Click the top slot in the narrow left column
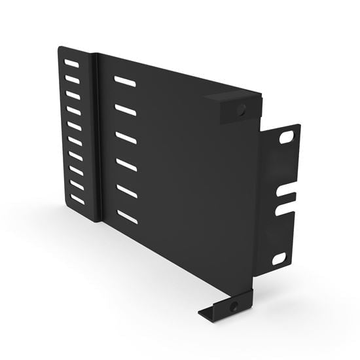(72, 64)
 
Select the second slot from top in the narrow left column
(72, 79)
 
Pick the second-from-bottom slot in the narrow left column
(77, 185)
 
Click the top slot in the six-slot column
(124, 81)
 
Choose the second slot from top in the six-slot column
(126, 109)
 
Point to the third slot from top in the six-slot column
(126, 138)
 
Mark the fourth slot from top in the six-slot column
(127, 165)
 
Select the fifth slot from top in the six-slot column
(127, 191)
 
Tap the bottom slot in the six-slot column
(128, 217)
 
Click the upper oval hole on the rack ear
(286, 137)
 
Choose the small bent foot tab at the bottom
(223, 310)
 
